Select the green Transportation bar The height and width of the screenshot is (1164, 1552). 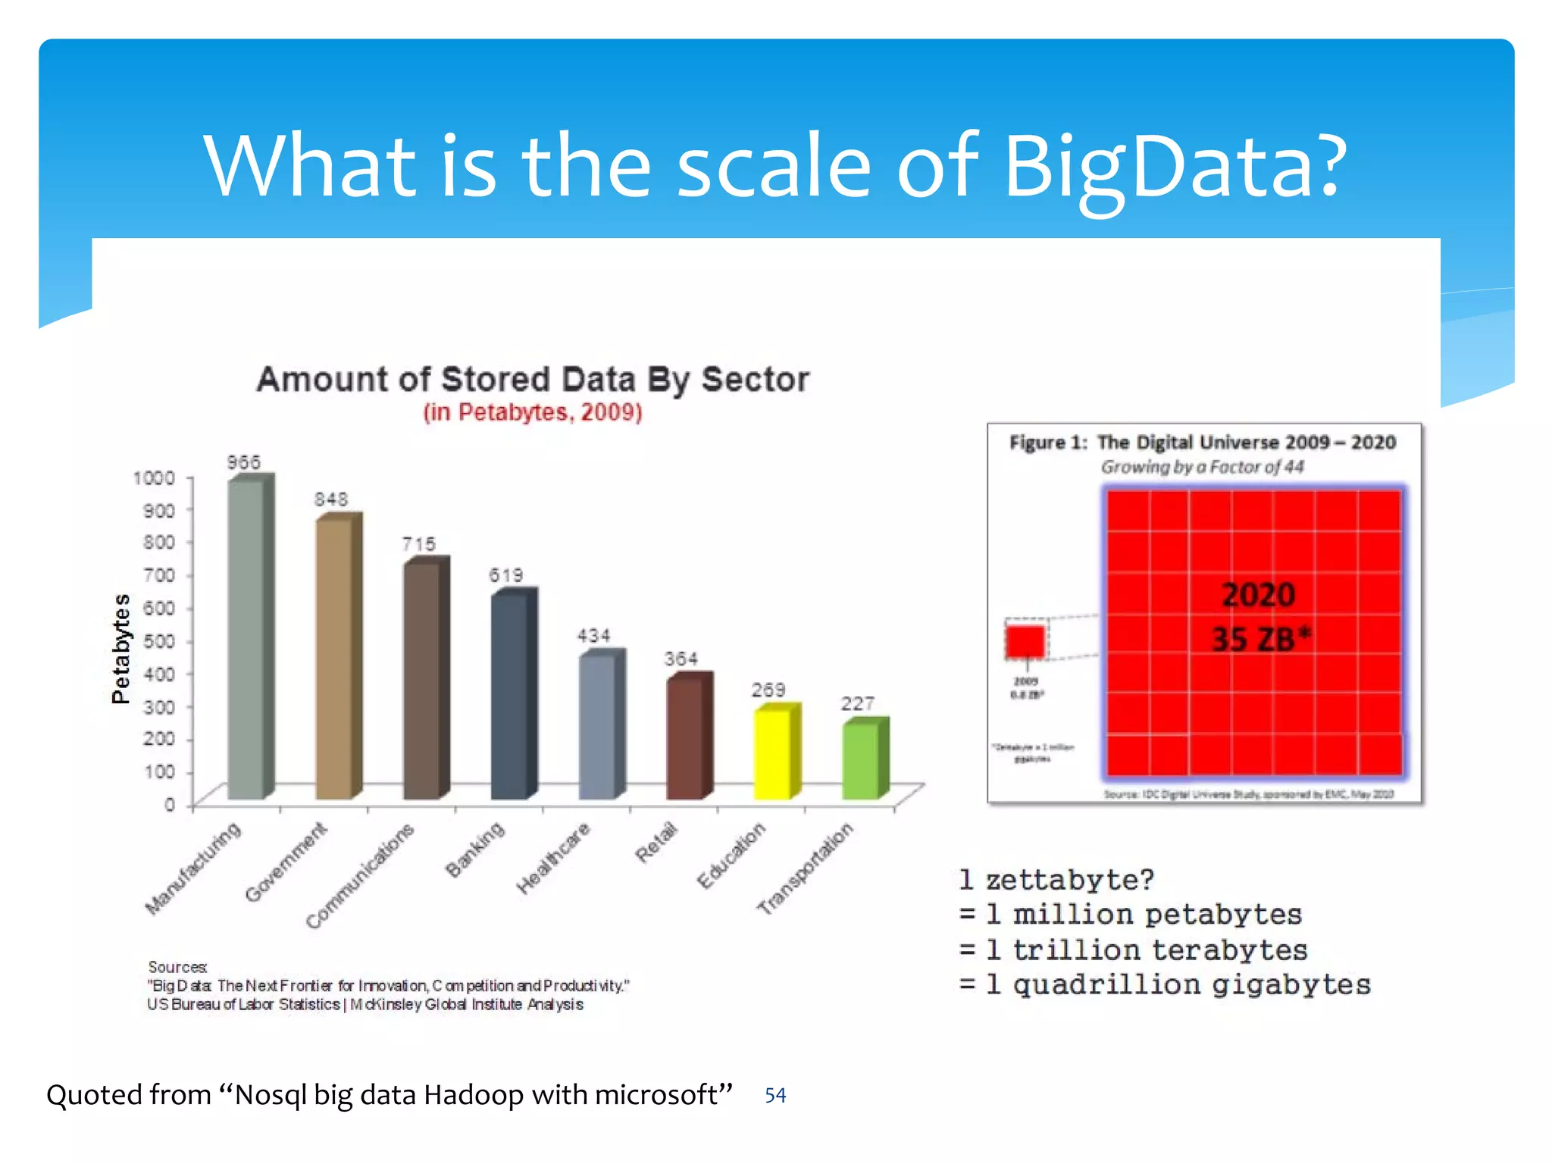click(861, 759)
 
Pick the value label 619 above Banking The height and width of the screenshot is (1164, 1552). click(505, 575)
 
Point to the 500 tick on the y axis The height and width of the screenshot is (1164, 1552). click(158, 641)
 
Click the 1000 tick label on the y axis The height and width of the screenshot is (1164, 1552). click(154, 477)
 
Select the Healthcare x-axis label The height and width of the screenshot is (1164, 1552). click(553, 858)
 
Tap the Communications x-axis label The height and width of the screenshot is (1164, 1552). click(360, 875)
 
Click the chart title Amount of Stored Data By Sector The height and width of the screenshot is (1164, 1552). click(533, 379)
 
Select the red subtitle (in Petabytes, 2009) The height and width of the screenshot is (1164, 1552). click(533, 412)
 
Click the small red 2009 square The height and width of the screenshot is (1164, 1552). click(1025, 641)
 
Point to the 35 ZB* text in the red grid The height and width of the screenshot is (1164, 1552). click(1259, 639)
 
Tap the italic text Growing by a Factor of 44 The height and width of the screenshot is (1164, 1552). click(1203, 467)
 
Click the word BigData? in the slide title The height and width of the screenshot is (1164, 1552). click(1175, 166)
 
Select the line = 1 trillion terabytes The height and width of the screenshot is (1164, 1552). click(1133, 950)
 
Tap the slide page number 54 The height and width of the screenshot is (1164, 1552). click(775, 1095)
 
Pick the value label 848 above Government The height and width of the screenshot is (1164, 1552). click(331, 499)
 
